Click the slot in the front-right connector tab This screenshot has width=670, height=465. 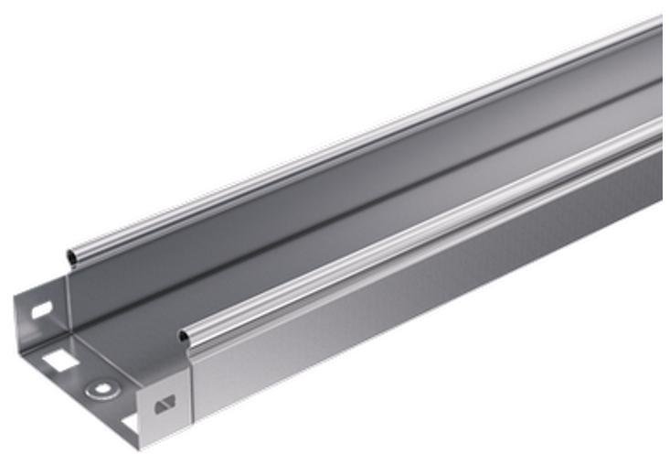tap(165, 403)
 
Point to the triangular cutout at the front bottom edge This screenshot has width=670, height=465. tap(131, 423)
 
